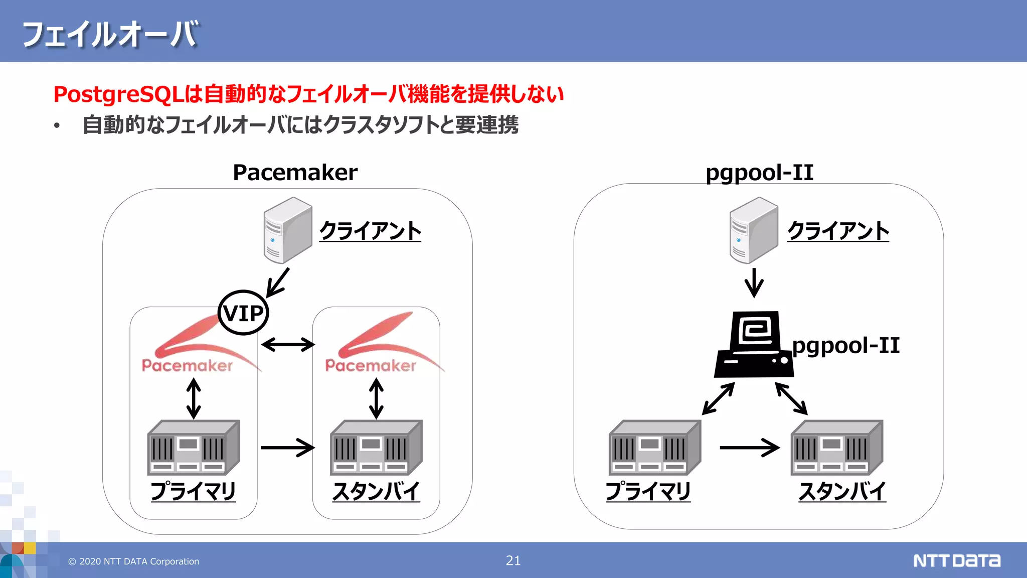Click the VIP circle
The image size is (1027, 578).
pyautogui.click(x=243, y=313)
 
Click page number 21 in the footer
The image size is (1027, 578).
pyautogui.click(x=513, y=560)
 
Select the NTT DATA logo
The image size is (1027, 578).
pyautogui.click(x=956, y=560)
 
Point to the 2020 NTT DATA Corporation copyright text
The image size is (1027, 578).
pyautogui.click(x=134, y=561)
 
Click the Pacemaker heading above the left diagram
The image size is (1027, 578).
pyautogui.click(x=295, y=173)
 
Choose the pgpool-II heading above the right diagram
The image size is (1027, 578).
pyautogui.click(x=759, y=173)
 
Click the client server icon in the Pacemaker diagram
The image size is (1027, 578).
pyautogui.click(x=288, y=230)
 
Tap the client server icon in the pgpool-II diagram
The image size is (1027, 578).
pyautogui.click(x=753, y=230)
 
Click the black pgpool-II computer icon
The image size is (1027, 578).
pyautogui.click(x=754, y=345)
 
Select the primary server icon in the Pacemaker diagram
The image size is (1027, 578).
pyautogui.click(x=193, y=448)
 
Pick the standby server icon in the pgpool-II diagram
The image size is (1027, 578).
pyautogui.click(x=836, y=448)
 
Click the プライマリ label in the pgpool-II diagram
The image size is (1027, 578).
pyautogui.click(x=648, y=491)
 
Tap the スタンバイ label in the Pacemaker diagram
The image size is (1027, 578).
pyautogui.click(x=376, y=491)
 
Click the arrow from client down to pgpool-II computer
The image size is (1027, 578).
pyautogui.click(x=754, y=283)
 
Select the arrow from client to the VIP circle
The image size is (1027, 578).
pyautogui.click(x=278, y=282)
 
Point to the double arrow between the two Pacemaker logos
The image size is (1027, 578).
pyautogui.click(x=288, y=345)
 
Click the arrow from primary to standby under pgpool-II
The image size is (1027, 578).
pyautogui.click(x=749, y=448)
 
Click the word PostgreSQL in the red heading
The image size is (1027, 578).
pyautogui.click(x=118, y=94)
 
